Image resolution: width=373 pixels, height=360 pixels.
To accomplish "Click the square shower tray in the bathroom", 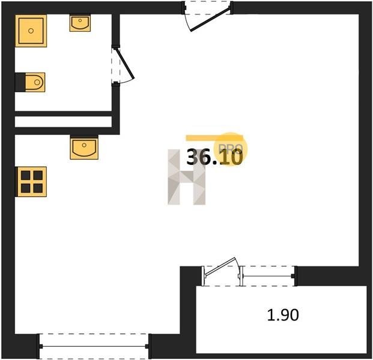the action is click(x=31, y=31).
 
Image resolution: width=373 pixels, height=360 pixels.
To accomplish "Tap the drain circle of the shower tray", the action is click(x=31, y=31).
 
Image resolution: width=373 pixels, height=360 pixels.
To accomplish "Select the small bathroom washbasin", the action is click(x=80, y=23).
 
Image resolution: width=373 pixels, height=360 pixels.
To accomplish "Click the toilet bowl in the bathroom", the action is click(x=35, y=82).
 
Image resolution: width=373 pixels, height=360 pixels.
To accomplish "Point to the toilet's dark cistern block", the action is click(x=20, y=82).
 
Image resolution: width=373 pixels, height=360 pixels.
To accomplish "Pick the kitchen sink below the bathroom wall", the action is click(x=84, y=148).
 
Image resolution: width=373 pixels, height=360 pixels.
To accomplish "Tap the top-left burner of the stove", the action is click(x=25, y=175).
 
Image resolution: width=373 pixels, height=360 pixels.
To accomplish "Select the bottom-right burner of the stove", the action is click(x=38, y=188).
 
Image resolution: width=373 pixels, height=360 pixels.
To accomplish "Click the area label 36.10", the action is click(x=214, y=157).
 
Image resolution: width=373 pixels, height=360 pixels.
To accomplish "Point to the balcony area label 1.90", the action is click(x=283, y=315).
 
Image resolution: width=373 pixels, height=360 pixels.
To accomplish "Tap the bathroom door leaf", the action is click(x=125, y=63).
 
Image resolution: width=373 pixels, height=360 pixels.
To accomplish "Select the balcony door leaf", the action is click(x=220, y=267).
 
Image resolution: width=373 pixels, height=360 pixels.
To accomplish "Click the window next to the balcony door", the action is click(x=268, y=276).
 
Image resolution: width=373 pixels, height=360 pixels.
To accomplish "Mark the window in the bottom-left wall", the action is click(x=94, y=346).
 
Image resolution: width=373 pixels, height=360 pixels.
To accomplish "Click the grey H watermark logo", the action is click(x=186, y=177).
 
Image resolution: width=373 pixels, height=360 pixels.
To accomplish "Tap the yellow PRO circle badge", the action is click(x=231, y=149).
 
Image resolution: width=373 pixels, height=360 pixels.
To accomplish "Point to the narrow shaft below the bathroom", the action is click(x=63, y=122).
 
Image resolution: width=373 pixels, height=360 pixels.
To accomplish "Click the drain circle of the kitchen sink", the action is click(x=84, y=145).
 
